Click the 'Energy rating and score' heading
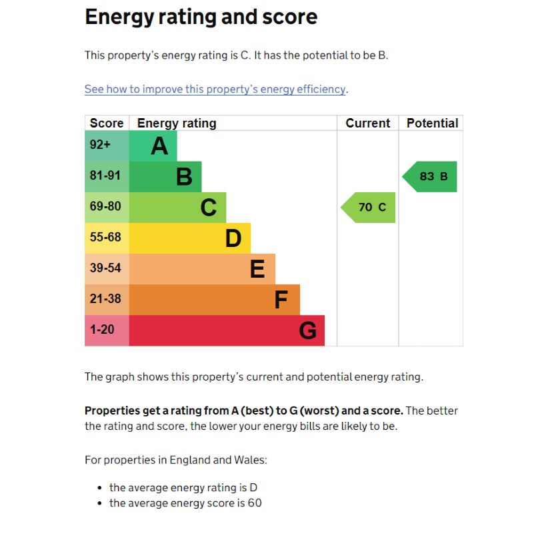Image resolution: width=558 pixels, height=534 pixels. coord(201,17)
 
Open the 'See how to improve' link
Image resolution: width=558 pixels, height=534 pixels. coord(215,89)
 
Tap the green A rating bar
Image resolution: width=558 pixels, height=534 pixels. coord(153,146)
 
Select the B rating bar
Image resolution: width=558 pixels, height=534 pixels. coord(165,177)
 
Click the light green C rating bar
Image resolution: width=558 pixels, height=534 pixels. coord(177,208)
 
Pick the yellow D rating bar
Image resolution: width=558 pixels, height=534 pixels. coord(189,238)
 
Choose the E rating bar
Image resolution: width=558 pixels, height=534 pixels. coord(202,269)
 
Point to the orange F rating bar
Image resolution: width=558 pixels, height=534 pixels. coord(214,300)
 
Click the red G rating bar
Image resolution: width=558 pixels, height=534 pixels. coord(227,330)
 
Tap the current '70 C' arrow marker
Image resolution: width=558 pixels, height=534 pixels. coord(369,208)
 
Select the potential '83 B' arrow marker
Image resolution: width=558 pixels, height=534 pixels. coord(431,177)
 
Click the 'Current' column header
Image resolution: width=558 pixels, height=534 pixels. coord(367,123)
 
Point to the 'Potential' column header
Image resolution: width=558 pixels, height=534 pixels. coord(432,123)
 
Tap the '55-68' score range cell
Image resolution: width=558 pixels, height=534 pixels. coord(107,238)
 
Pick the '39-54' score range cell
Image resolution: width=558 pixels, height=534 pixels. coord(107,269)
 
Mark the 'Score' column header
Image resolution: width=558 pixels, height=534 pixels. coord(107,123)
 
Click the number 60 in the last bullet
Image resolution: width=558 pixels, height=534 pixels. coord(255,503)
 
